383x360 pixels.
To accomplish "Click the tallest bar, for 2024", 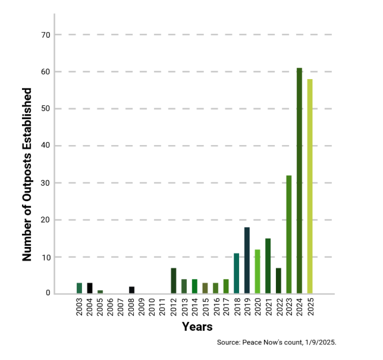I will click(299, 181).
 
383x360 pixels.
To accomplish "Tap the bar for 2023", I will click(289, 234).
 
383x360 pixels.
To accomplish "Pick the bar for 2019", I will click(247, 261).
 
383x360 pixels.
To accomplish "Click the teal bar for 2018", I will click(236, 273).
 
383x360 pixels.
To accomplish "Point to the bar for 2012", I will click(174, 281).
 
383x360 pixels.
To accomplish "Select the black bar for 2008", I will click(131, 290).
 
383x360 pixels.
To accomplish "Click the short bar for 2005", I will click(100, 292).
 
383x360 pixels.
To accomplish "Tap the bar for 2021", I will click(268, 266).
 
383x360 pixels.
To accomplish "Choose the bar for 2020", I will click(258, 271).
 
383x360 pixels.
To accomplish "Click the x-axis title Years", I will click(197, 327).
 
